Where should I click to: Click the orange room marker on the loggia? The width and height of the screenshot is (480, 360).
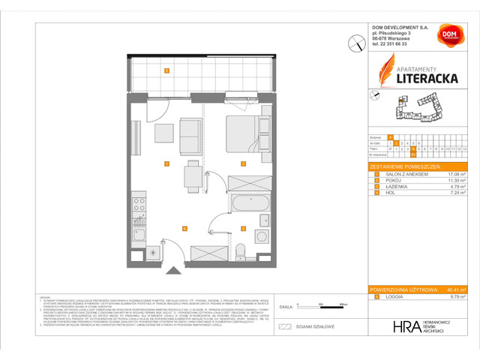(x=166, y=71)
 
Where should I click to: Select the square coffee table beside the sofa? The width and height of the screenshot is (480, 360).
(x=164, y=133)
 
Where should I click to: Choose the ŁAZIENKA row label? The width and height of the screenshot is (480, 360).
(x=394, y=187)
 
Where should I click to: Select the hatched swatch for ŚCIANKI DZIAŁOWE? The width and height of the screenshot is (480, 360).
(x=284, y=326)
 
